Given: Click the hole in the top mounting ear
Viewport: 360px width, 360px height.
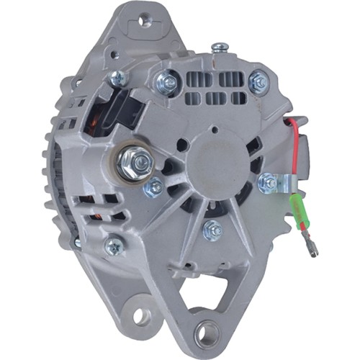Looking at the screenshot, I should pyautogui.click(x=147, y=21).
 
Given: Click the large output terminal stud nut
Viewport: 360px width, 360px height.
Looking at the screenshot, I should pyautogui.click(x=136, y=159).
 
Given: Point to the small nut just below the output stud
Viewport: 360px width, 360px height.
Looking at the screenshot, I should pyautogui.click(x=153, y=189).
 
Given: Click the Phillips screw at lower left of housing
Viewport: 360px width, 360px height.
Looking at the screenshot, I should pyautogui.click(x=113, y=246).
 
